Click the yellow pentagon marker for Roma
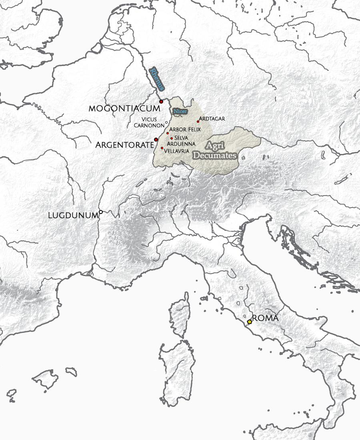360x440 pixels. pyautogui.click(x=250, y=321)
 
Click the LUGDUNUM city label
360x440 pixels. pyautogui.click(x=73, y=215)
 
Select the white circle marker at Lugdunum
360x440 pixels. pyautogui.click(x=101, y=212)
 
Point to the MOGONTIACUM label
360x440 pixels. pyautogui.click(x=124, y=108)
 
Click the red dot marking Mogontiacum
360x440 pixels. pyautogui.click(x=161, y=102)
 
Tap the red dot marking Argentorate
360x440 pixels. pyautogui.click(x=156, y=139)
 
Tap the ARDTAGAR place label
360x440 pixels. pyautogui.click(x=212, y=118)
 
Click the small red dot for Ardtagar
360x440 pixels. pyautogui.click(x=198, y=122)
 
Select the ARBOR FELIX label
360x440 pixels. pyautogui.click(x=185, y=130)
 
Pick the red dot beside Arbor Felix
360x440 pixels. pyautogui.click(x=168, y=133)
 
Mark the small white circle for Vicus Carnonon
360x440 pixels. pyautogui.click(x=166, y=122)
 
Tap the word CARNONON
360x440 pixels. pyautogui.click(x=148, y=125)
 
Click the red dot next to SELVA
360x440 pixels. pyautogui.click(x=172, y=138)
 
